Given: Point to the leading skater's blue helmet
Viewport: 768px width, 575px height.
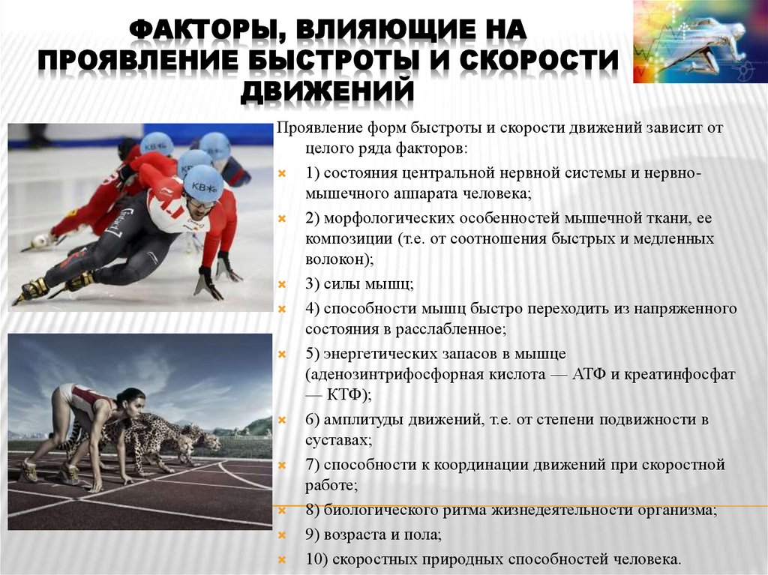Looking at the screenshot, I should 202,182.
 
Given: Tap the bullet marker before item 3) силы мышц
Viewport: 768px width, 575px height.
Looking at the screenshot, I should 283,285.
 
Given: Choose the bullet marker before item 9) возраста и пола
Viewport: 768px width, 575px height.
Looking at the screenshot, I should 283,535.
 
